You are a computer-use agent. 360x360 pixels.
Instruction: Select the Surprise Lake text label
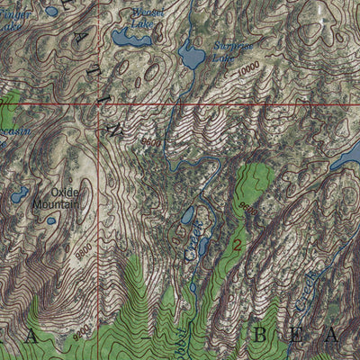coord(230,49)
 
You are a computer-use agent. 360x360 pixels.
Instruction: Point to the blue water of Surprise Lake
coord(191,57)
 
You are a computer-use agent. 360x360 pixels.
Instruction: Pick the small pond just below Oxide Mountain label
coord(51,220)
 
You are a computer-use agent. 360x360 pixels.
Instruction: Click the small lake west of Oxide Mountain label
coord(19,193)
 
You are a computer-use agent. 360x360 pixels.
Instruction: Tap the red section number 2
coord(238,244)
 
